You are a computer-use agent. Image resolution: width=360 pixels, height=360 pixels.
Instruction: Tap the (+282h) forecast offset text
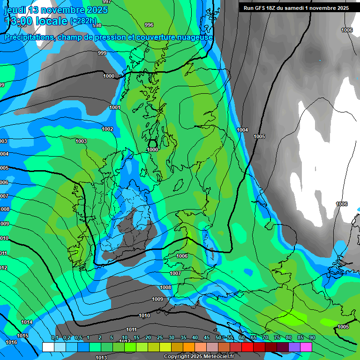[83, 21]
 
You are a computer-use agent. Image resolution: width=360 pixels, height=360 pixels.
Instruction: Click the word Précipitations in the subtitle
[29, 37]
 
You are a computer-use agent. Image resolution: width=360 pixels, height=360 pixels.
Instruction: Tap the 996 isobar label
[149, 25]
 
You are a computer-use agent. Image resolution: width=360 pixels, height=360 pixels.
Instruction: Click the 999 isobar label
[102, 53]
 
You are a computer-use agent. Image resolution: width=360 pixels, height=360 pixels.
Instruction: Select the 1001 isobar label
[115, 107]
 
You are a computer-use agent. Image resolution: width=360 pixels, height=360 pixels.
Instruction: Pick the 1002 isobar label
[107, 129]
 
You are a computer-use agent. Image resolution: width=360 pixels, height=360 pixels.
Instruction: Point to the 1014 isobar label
[27, 322]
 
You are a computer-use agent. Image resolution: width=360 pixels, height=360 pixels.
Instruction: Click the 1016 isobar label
[11, 342]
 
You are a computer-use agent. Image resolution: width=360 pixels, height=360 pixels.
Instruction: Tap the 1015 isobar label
[22, 336]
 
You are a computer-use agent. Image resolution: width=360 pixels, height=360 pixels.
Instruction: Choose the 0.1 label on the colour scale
[55, 338]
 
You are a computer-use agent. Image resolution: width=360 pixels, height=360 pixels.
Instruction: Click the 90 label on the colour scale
[312, 338]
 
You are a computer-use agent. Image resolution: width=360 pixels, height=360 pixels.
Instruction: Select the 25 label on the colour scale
[160, 338]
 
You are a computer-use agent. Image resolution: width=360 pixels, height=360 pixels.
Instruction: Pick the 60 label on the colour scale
[241, 338]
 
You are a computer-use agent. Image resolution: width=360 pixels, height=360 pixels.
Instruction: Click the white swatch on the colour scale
[48, 347]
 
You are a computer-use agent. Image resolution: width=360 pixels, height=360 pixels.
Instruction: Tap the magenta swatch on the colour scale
[306, 347]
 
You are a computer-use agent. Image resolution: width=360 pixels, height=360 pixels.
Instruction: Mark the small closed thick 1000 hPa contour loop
[152, 144]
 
